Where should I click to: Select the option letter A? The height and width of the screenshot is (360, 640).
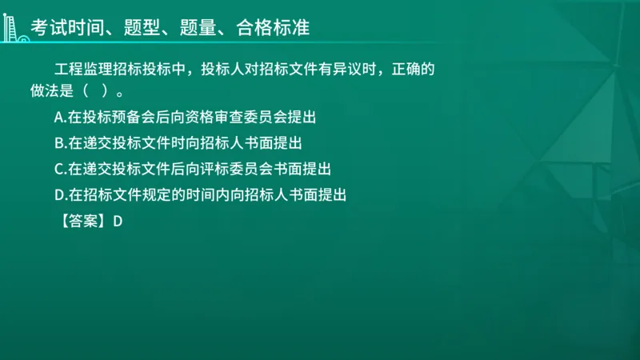(59, 117)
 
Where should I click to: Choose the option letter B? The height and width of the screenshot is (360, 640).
(59, 143)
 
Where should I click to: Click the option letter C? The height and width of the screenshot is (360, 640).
(59, 169)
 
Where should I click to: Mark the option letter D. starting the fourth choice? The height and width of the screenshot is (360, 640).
(60, 194)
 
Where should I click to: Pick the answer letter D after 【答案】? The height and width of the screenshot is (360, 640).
(117, 222)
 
